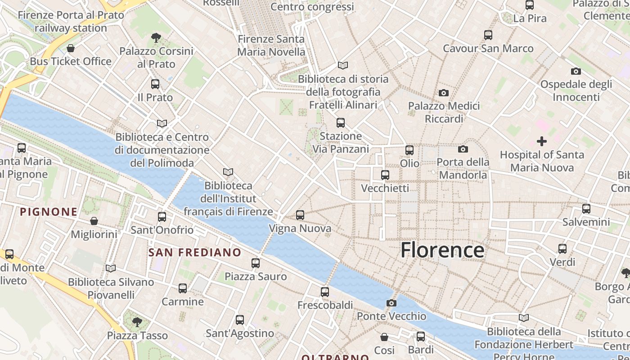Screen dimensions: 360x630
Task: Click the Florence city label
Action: pyautogui.click(x=442, y=250)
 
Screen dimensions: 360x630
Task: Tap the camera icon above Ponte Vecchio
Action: pyautogui.click(x=391, y=303)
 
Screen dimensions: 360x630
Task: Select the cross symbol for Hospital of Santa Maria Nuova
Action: pyautogui.click(x=542, y=141)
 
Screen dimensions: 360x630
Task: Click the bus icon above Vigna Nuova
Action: pyautogui.click(x=300, y=215)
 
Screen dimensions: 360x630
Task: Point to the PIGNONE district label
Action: pyautogui.click(x=49, y=211)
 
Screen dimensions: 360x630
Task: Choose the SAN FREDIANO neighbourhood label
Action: pyautogui.click(x=195, y=252)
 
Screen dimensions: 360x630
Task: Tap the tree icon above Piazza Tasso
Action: pyautogui.click(x=137, y=322)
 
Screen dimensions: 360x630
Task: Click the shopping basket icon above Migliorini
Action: pyautogui.click(x=94, y=221)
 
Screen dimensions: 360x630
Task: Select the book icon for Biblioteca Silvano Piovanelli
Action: pyautogui.click(x=111, y=269)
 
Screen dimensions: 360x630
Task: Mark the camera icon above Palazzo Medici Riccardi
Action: pyautogui.click(x=444, y=93)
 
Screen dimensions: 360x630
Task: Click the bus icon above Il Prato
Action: pyautogui.click(x=155, y=84)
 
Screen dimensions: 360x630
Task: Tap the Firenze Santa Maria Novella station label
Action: pyautogui.click(x=271, y=45)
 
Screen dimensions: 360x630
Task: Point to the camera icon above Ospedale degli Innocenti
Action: pyautogui.click(x=576, y=71)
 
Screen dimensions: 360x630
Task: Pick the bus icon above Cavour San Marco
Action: pyautogui.click(x=488, y=35)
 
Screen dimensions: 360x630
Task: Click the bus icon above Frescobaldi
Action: pyautogui.click(x=325, y=292)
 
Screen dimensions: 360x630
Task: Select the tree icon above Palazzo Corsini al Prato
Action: pyautogui.click(x=156, y=37)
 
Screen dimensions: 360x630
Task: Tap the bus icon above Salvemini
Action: pyautogui.click(x=586, y=209)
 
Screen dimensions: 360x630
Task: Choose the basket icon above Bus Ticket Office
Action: pyautogui.click(x=71, y=48)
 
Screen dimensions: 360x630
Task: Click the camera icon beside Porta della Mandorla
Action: pyautogui.click(x=463, y=149)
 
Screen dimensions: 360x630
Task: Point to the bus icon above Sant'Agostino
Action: pyautogui.click(x=240, y=320)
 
